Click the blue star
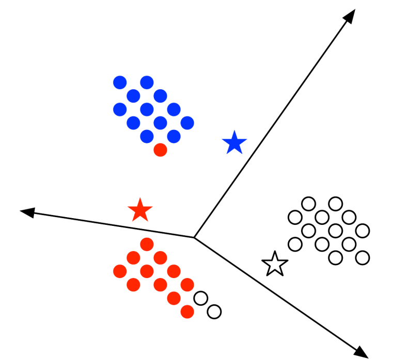[x=234, y=143]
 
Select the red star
[x=140, y=210]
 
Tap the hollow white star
[x=275, y=264]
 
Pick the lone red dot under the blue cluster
[x=160, y=150]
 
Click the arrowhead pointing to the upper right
[x=350, y=15]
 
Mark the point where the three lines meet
[x=194, y=237]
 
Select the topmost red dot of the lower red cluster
[x=147, y=243]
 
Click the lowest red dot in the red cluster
[x=187, y=312]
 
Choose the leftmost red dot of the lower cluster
[x=120, y=271]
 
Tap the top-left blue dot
[x=120, y=82]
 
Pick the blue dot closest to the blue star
[x=187, y=123]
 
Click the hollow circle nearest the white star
[x=295, y=243]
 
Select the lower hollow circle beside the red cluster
[x=214, y=312]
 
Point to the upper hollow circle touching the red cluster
[x=201, y=298]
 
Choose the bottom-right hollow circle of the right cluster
[x=363, y=257]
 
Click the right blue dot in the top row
[x=147, y=82]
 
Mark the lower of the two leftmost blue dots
[x=120, y=109]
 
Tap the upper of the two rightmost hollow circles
[x=363, y=230]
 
